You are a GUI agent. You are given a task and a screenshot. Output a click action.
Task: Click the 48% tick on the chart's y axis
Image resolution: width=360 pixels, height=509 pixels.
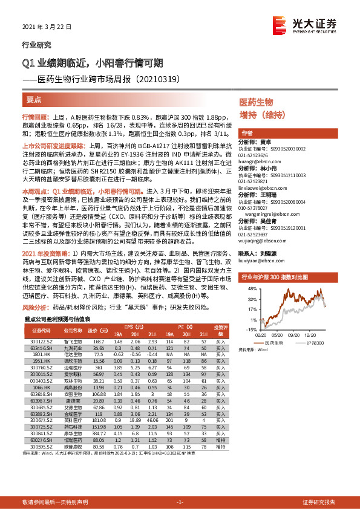[x=251, y=272]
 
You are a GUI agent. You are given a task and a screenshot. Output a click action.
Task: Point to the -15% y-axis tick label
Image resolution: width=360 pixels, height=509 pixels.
[x=250, y=329]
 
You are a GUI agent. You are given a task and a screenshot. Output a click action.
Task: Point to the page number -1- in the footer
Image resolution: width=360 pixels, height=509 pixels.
[x=180, y=502]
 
